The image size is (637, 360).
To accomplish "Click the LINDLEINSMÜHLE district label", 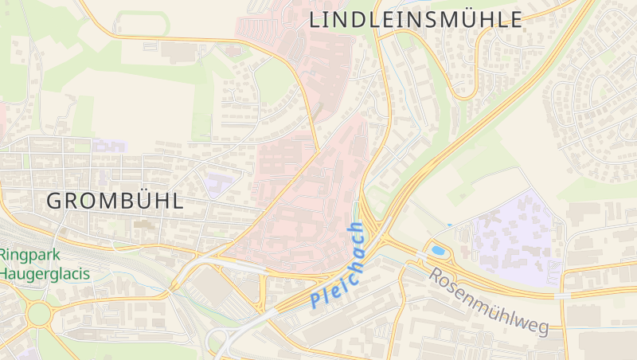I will [x=416, y=20].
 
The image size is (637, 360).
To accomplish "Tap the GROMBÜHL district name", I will [x=115, y=201].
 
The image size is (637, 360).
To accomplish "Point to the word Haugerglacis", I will [x=45, y=273].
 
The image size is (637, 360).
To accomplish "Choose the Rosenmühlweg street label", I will [x=490, y=301].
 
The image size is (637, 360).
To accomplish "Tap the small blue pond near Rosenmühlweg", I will [x=437, y=251].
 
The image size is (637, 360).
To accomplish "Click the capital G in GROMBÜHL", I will [x=55, y=202].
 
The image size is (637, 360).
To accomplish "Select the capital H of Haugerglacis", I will [x=6, y=273].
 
